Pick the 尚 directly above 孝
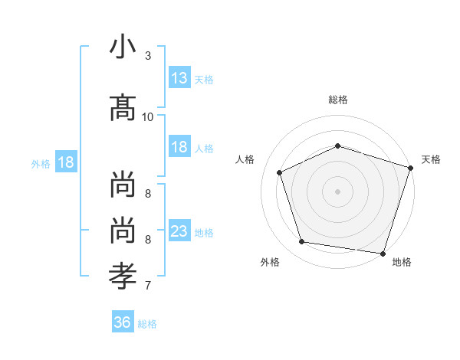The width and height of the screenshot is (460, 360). point(123,232)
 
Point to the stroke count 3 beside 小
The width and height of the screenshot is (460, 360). point(148,56)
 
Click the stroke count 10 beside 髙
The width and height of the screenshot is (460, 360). point(148,116)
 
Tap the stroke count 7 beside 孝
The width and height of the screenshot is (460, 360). point(148,286)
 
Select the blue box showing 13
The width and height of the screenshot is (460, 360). point(179,78)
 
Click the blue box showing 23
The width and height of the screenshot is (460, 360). point(179,231)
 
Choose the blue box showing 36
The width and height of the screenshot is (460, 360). point(123,322)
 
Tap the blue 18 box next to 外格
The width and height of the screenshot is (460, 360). point(66,162)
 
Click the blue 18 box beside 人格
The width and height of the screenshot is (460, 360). point(179,147)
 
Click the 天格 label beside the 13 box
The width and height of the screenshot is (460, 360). point(204,79)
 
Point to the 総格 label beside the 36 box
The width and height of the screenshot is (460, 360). point(147,324)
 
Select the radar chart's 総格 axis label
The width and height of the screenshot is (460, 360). point(338,100)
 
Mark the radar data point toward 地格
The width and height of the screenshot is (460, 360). point(383,253)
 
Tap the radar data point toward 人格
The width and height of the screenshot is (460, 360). point(280,172)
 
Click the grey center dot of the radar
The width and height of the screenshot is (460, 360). point(338,191)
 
